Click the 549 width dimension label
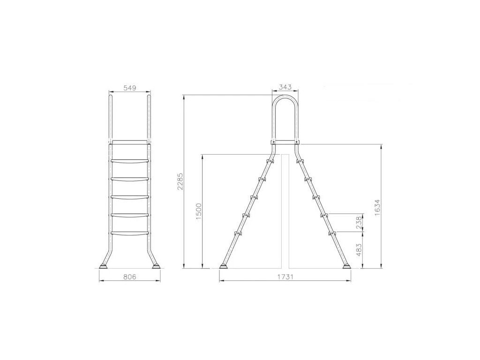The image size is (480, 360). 129,88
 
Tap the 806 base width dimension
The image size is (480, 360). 129,277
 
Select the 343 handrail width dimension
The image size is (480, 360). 285,87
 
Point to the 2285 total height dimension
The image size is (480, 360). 180,181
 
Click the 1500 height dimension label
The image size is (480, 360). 199,212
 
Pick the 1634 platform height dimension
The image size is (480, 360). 377,208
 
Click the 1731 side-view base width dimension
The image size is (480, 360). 285,277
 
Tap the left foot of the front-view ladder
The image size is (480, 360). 104,266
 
